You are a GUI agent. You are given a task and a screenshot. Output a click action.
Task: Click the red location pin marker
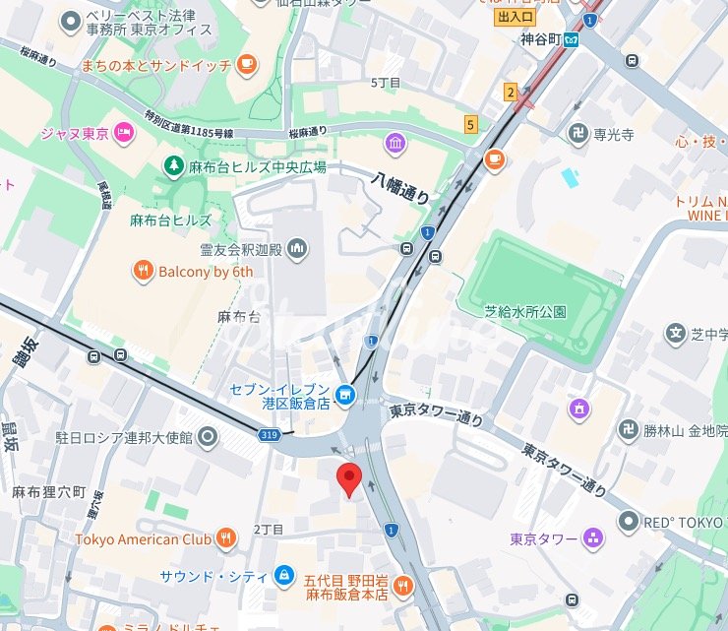tap(349, 479)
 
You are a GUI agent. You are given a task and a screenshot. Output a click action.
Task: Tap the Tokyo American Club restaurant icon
tap(228, 538)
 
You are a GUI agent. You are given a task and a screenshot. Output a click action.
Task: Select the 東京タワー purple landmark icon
tap(592, 538)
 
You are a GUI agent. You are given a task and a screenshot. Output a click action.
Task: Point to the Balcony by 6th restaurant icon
tap(144, 272)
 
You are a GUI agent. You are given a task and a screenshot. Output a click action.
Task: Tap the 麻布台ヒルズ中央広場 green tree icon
tap(173, 166)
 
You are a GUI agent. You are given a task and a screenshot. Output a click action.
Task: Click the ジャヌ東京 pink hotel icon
tap(123, 133)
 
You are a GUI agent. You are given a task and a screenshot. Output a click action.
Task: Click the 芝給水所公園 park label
tap(525, 311)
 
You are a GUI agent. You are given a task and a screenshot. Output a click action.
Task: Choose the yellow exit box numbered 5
tap(471, 124)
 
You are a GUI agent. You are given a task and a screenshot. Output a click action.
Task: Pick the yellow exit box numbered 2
tap(511, 93)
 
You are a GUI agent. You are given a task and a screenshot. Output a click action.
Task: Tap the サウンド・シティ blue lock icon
tap(283, 574)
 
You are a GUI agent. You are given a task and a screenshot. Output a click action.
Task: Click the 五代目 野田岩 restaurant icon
tap(401, 588)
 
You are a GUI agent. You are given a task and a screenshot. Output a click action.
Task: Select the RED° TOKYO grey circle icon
tap(629, 520)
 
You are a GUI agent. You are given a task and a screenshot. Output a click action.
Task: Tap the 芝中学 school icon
tap(675, 335)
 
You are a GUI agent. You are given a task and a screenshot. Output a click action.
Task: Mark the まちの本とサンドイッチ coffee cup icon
tap(245, 65)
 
